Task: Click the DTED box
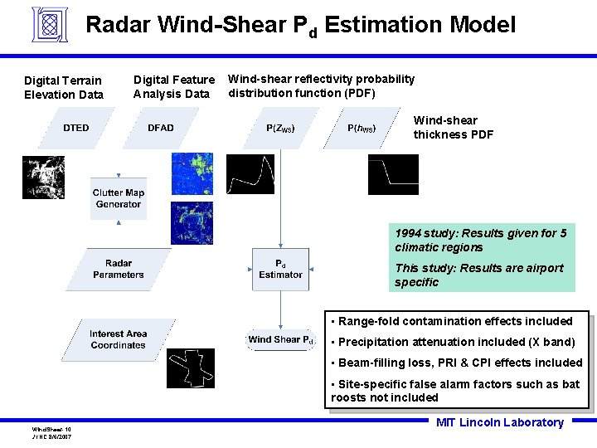tap(76, 128)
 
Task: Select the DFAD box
tap(161, 128)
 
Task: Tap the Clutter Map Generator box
tap(119, 199)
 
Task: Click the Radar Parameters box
tap(119, 269)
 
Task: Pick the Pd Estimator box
tap(280, 269)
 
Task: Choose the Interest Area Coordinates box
tap(119, 339)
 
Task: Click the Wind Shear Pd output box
tap(281, 339)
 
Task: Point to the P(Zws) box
tap(280, 128)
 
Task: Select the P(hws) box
tap(362, 128)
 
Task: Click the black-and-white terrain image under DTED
tap(43, 178)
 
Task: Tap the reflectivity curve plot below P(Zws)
tap(250, 174)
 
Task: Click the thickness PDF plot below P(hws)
tap(393, 174)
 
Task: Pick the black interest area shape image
tap(190, 368)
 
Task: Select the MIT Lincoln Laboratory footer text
tap(499, 422)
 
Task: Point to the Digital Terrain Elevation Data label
tap(64, 87)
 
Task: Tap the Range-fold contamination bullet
tap(455, 321)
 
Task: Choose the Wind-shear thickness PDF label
tap(454, 127)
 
